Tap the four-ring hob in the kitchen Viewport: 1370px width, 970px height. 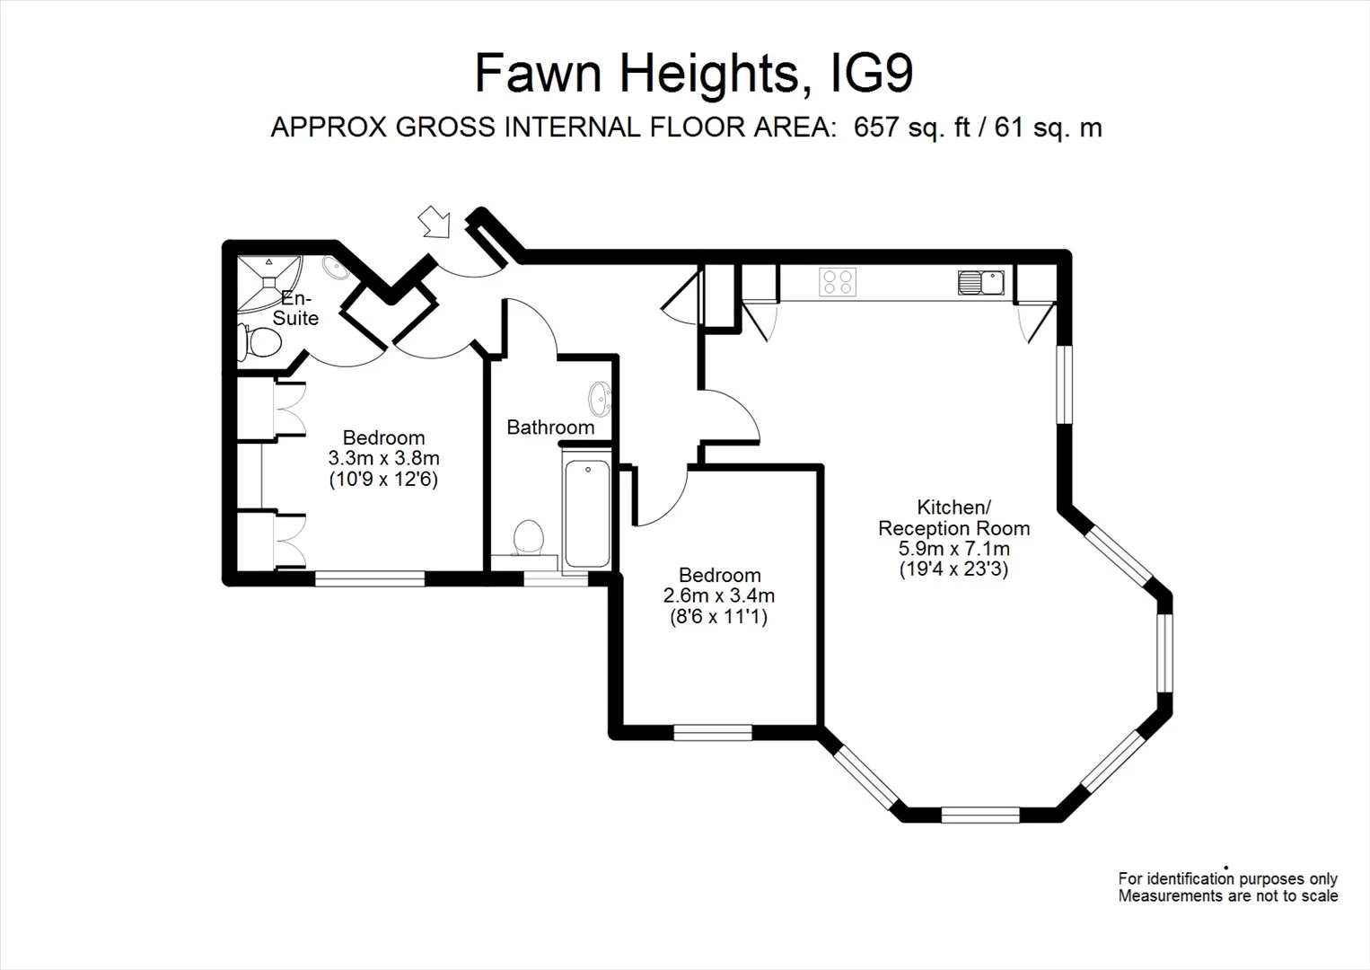tap(838, 282)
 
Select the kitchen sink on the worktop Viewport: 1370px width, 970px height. tap(980, 282)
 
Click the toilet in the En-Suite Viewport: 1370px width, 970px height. tap(259, 342)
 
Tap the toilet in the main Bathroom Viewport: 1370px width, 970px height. tap(528, 539)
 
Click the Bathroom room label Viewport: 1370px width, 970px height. tap(550, 428)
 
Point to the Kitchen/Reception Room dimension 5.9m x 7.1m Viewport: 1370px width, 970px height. tap(954, 548)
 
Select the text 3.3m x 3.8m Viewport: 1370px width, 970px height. tap(383, 458)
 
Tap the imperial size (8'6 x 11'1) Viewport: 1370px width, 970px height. tap(718, 617)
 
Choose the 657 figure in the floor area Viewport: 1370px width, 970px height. tap(875, 128)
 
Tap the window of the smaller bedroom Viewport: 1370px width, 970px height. tap(713, 733)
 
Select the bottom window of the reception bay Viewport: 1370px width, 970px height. tap(979, 815)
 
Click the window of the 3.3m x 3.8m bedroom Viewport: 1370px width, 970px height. tap(369, 579)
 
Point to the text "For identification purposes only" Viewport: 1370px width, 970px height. tap(1227, 879)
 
